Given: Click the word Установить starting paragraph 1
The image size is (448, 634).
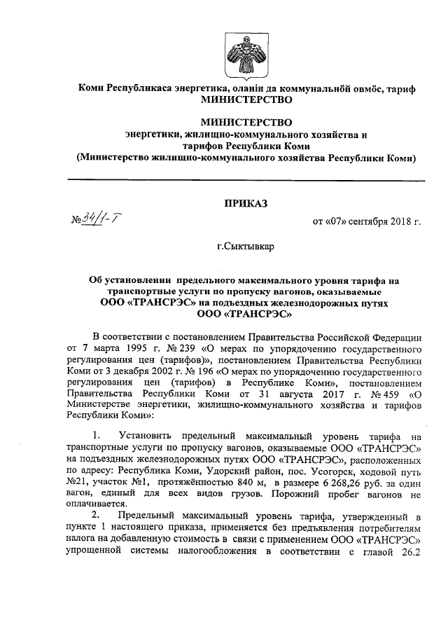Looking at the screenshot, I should click(x=146, y=435).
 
